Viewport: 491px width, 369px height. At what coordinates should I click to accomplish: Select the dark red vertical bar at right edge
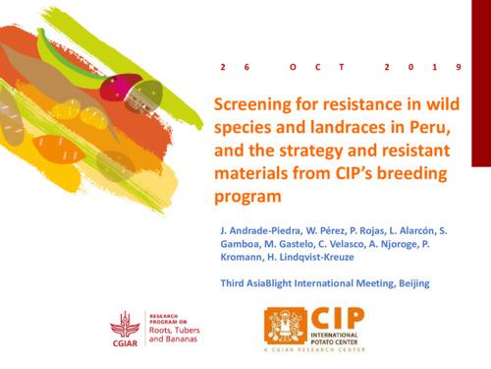coord(481,79)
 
